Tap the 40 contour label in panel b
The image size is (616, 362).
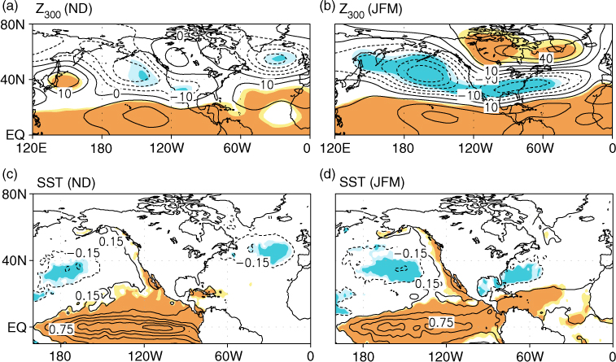coord(545,59)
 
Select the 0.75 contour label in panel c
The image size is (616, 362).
coord(60,329)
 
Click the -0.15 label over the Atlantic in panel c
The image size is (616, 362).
coord(253,261)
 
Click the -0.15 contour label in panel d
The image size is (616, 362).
coord(411,254)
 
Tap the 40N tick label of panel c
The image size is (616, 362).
coord(15,260)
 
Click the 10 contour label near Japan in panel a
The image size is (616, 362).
coord(65,94)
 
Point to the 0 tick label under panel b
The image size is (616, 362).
coord(612,149)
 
